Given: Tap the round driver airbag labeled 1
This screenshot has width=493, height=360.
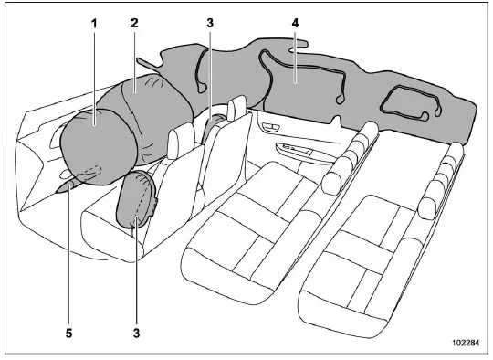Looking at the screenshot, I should point(93,141).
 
